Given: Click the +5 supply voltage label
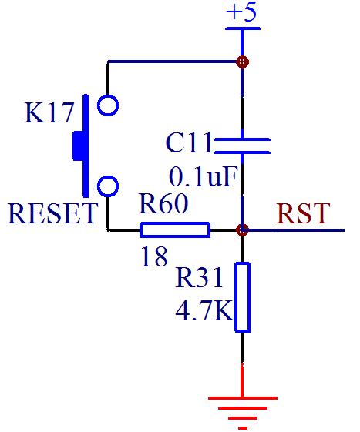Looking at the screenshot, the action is point(241,12).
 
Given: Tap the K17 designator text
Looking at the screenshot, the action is point(49,112).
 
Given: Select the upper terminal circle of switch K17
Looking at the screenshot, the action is point(108,105).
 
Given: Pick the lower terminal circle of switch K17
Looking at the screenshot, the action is point(108,186).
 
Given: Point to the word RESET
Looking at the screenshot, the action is point(52,213).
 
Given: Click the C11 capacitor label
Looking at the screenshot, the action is point(189,143).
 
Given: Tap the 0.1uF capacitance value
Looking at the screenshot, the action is point(203,177).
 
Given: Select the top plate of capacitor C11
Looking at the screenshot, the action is point(242,139).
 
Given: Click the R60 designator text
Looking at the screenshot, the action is point(163,203).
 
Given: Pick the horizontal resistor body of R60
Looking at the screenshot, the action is point(175,229).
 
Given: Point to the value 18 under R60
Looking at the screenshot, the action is point(154,256).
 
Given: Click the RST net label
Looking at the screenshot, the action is point(303,213).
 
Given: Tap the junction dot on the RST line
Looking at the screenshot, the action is point(242,229).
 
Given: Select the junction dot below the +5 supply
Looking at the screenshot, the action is point(242,62).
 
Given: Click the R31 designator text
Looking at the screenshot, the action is point(199,278).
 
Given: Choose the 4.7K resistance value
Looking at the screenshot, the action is point(205,311).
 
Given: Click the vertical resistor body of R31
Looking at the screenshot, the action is point(243,297).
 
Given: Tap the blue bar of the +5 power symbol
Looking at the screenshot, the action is point(243,28).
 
